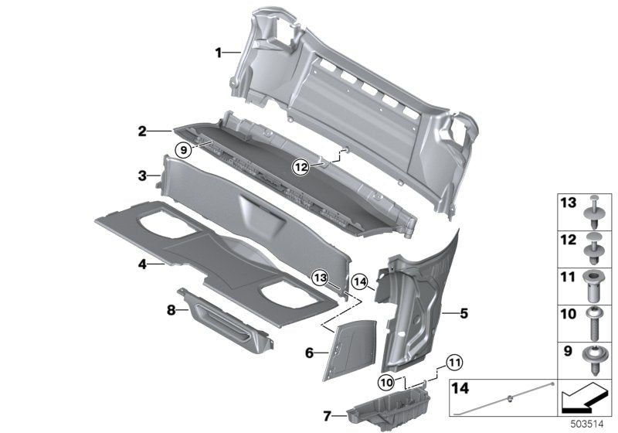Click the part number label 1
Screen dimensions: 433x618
[x=219, y=53]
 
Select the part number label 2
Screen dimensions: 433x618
[x=142, y=132]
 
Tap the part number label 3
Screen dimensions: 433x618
[x=142, y=176]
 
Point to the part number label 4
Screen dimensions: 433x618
[x=142, y=264]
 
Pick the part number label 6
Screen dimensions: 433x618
[x=309, y=353]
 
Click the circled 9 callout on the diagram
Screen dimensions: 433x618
[x=183, y=151]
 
